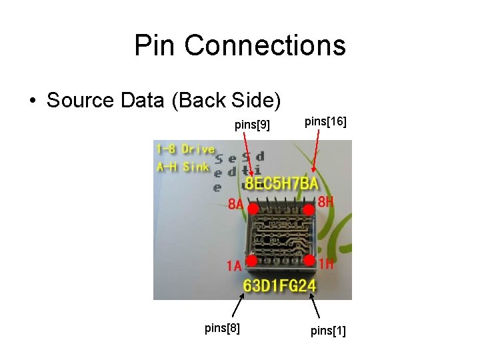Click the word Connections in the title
[x=265, y=45]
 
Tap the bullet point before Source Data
[x=32, y=101]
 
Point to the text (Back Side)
[x=226, y=101]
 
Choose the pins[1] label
[x=327, y=330]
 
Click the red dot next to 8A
[x=253, y=209]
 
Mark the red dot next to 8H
[x=309, y=209]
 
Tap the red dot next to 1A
[x=252, y=260]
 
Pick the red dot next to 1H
[x=309, y=259]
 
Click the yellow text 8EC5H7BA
[x=281, y=184]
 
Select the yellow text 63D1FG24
[x=279, y=287]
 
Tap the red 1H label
[x=326, y=264]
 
